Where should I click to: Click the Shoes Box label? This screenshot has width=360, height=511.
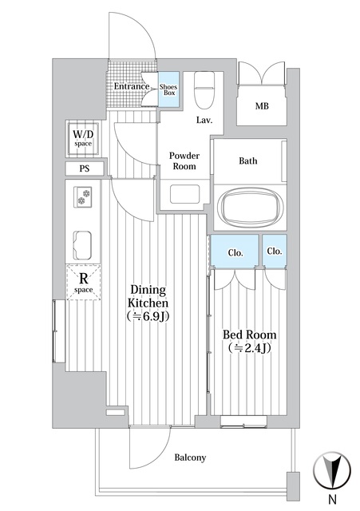click(x=169, y=89)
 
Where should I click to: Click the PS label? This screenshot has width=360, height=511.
click(x=84, y=169)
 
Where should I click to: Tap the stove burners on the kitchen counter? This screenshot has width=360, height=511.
click(x=84, y=195)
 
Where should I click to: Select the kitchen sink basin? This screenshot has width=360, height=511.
click(x=84, y=240)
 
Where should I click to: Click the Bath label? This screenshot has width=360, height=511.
click(x=248, y=160)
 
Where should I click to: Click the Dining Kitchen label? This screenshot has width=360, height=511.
click(x=148, y=303)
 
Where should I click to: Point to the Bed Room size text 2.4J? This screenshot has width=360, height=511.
click(x=247, y=348)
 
